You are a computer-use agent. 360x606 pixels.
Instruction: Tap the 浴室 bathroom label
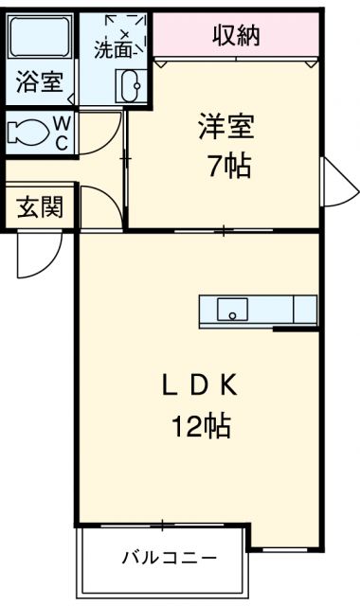click(38, 82)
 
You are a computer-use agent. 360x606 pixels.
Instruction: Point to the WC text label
click(60, 134)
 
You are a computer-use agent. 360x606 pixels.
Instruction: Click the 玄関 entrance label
click(38, 206)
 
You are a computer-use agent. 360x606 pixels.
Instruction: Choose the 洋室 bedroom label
click(225, 127)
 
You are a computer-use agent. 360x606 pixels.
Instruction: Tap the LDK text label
click(201, 385)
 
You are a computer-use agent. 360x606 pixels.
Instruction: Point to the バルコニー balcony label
click(168, 557)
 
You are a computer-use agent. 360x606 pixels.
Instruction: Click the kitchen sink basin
click(232, 309)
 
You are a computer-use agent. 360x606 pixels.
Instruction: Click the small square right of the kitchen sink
click(304, 309)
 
